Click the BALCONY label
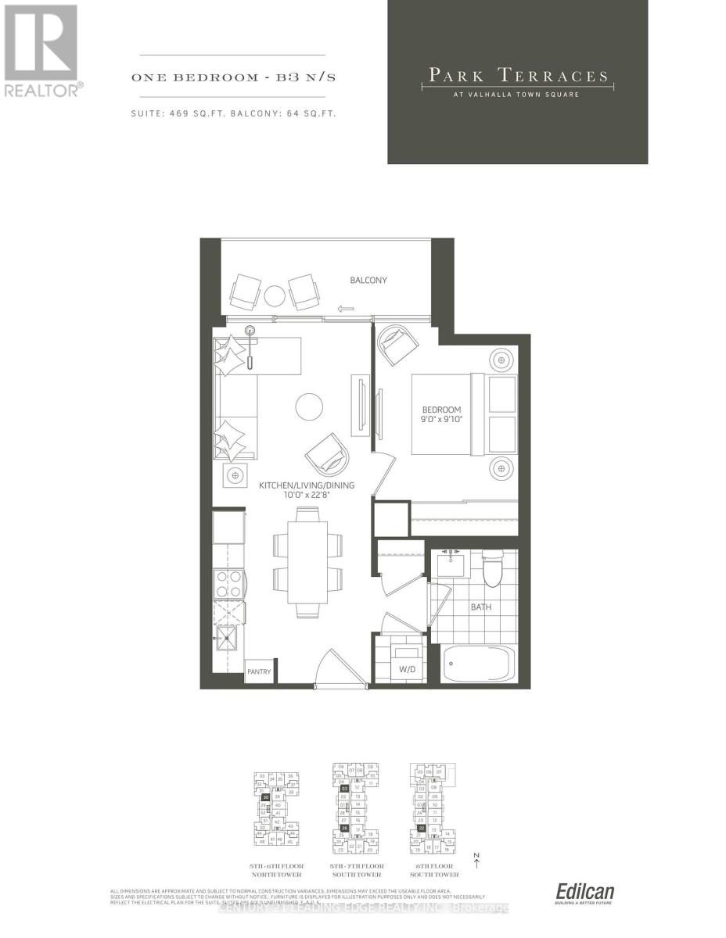tap(368, 281)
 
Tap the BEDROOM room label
tap(442, 410)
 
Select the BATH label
tap(480, 607)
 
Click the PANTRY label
tap(258, 671)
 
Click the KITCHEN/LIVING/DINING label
tap(306, 485)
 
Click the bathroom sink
tap(451, 563)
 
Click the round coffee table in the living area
tap(309, 406)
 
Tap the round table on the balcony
tap(275, 295)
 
